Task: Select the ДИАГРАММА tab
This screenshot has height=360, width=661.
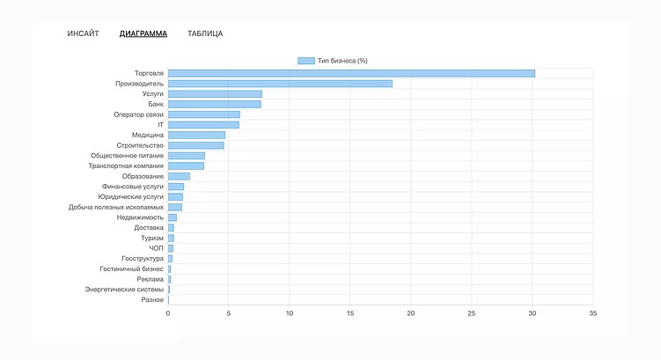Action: (143, 33)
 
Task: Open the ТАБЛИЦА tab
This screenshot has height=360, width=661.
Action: (205, 33)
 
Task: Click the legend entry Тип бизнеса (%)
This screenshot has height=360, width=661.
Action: (333, 61)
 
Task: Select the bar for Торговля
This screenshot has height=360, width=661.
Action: (351, 73)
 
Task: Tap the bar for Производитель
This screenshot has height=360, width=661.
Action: (280, 84)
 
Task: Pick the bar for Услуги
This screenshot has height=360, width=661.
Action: (215, 93)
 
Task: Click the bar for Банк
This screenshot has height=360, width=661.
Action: (214, 104)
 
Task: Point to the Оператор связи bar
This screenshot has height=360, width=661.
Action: (203, 114)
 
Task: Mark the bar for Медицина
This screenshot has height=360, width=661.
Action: (196, 135)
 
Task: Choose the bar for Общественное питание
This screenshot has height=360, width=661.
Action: (186, 156)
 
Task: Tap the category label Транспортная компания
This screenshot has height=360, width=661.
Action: (126, 165)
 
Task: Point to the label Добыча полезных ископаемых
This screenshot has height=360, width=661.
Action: (116, 207)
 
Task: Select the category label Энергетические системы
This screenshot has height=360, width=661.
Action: (124, 290)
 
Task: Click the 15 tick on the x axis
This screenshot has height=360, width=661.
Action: (350, 312)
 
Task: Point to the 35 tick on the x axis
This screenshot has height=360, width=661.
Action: (593, 312)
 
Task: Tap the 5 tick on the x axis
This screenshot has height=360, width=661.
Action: (229, 312)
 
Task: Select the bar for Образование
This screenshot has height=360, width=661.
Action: (179, 176)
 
